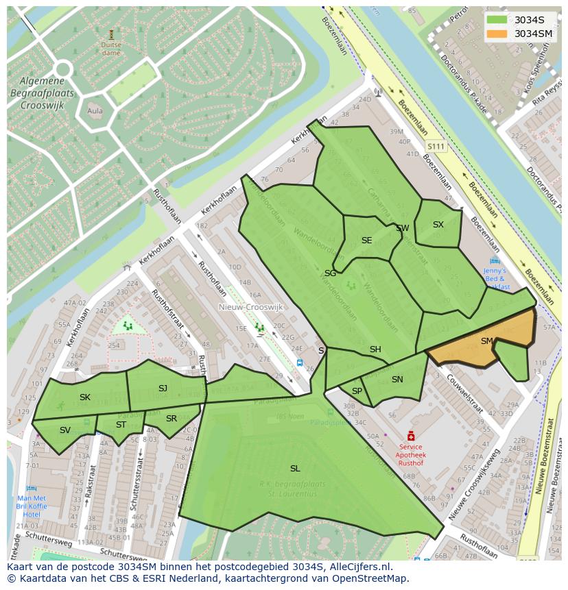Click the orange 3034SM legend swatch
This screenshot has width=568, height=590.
[497, 34]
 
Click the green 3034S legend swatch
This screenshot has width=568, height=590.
[497, 20]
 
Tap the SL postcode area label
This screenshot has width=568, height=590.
[295, 469]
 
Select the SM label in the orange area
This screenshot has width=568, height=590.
[487, 341]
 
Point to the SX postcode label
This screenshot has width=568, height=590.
[438, 225]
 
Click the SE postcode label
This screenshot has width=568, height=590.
[366, 241]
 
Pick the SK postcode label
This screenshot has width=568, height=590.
[85, 397]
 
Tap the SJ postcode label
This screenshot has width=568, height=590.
[163, 389]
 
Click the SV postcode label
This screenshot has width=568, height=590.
[65, 430]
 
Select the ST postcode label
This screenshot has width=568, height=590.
[121, 425]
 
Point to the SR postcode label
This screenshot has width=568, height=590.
[171, 419]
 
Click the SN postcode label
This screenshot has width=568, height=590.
[397, 380]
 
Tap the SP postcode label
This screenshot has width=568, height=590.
[357, 391]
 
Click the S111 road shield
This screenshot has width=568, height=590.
[436, 147]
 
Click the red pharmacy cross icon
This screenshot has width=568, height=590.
[411, 436]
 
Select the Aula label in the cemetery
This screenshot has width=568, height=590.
[95, 111]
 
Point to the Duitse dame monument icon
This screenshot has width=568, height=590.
[111, 34]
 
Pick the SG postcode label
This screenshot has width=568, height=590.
[330, 273]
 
